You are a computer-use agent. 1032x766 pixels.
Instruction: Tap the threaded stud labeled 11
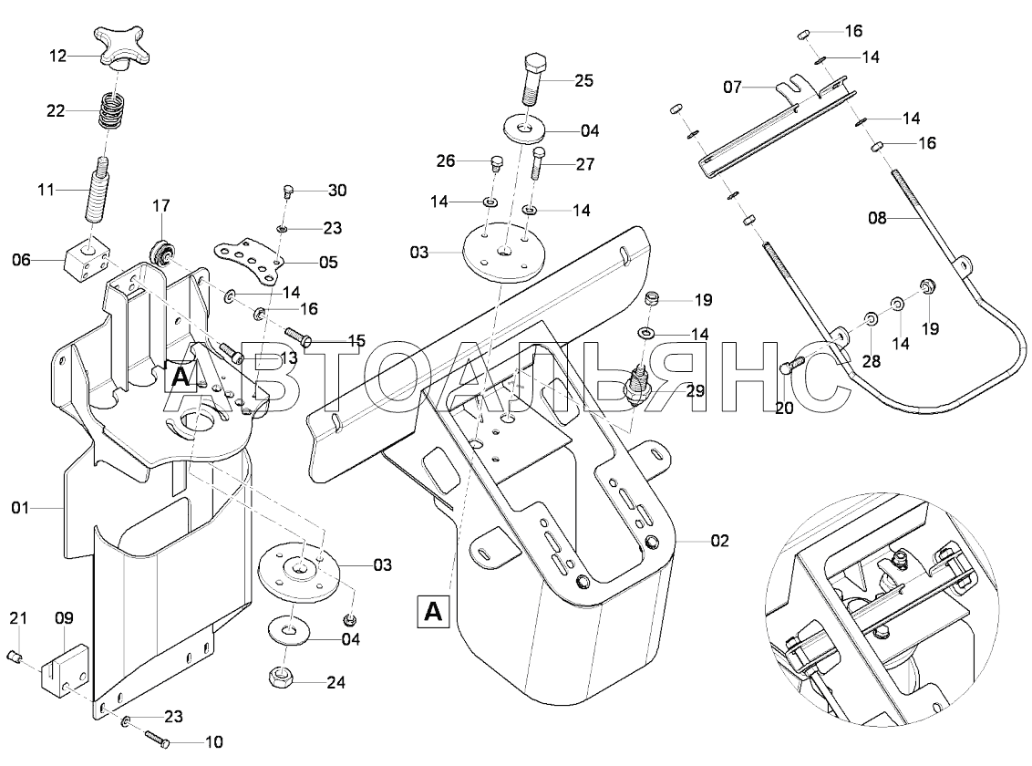[x=98, y=191]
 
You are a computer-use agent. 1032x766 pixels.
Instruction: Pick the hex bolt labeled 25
[x=533, y=79]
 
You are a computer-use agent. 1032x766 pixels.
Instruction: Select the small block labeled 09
[x=66, y=670]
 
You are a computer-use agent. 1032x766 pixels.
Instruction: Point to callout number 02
[x=720, y=541]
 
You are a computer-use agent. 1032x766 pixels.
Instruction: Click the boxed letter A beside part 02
[x=434, y=609]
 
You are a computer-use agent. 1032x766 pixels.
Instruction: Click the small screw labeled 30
[x=287, y=191]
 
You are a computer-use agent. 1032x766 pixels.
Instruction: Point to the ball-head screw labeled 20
[x=789, y=366]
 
